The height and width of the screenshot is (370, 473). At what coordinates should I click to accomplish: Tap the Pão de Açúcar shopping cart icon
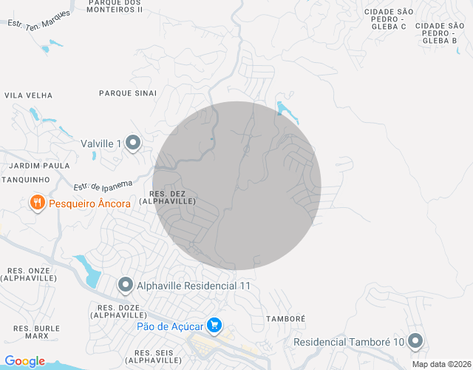pos(214,325)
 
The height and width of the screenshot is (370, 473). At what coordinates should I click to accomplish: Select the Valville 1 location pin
pos(133,143)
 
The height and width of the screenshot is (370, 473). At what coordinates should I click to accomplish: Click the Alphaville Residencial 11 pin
pos(126,285)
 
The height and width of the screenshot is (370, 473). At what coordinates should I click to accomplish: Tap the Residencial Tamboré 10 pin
pos(415,341)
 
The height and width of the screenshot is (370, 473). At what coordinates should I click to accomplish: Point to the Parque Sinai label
pos(128,93)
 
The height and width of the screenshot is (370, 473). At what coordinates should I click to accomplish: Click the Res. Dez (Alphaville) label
pos(167,197)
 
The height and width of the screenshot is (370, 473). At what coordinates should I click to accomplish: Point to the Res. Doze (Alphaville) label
pos(119,310)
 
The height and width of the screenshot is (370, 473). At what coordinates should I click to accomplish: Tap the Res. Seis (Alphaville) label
pos(153,357)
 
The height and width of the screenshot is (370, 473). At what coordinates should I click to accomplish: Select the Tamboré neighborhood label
pos(285,318)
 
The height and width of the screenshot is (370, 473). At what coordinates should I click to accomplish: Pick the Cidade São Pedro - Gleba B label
pos(440,33)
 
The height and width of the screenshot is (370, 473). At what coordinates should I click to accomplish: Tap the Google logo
pos(24,361)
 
